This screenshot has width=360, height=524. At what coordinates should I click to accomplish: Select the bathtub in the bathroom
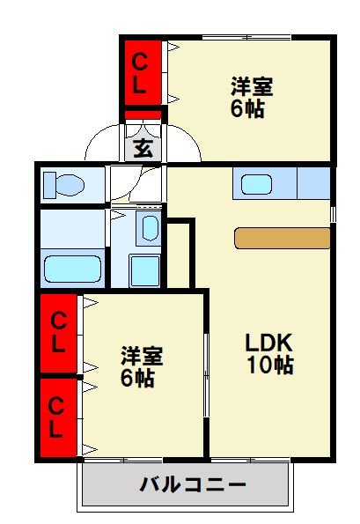pyautogui.click(x=72, y=269)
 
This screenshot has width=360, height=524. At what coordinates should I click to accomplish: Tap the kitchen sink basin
pyautogui.click(x=256, y=184)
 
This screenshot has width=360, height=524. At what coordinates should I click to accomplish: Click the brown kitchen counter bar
pyautogui.click(x=283, y=239)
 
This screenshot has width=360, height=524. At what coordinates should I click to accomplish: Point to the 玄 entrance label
pyautogui.click(x=143, y=148)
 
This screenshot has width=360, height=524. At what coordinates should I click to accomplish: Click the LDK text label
pyautogui.click(x=269, y=343)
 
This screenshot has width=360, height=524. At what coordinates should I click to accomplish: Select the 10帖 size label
pyautogui.click(x=270, y=365)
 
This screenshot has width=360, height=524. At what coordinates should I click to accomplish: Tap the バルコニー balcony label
pyautogui.click(x=193, y=485)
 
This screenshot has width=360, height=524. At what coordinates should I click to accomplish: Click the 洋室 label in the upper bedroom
pyautogui.click(x=252, y=86)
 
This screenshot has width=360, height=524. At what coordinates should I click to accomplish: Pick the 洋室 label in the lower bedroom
pyautogui.click(x=142, y=356)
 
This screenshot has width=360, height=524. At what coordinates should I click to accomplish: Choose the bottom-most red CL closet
pyautogui.click(x=58, y=417)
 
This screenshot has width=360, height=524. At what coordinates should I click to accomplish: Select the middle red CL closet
pyautogui.click(x=58, y=333)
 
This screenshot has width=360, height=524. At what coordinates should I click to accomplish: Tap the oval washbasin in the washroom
pyautogui.click(x=150, y=228)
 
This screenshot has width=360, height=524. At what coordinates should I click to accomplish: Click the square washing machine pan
pyautogui.click(x=144, y=270)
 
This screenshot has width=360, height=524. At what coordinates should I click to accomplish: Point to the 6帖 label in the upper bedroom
pyautogui.click(x=247, y=108)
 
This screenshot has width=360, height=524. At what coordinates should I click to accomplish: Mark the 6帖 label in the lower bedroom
pyautogui.click(x=137, y=379)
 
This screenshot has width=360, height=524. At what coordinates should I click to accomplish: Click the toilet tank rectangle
pyautogui.click(x=50, y=185)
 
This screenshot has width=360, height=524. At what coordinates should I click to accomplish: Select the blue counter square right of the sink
pyautogui.click(x=313, y=183)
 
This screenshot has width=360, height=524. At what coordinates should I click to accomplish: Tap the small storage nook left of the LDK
pyautogui.click(x=178, y=255)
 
